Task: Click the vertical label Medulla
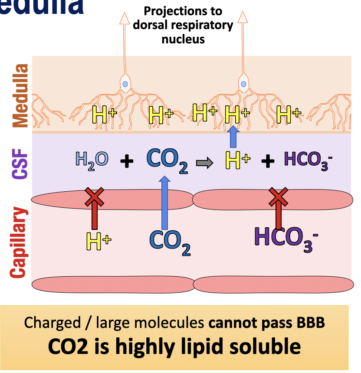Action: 20,95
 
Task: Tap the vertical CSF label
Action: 20,162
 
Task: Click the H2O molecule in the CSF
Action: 92,160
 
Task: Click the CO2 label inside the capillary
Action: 170,242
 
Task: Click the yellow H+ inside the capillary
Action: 98,241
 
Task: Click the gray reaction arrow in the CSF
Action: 203,163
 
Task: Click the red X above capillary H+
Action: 94,197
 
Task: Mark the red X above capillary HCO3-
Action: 279,197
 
